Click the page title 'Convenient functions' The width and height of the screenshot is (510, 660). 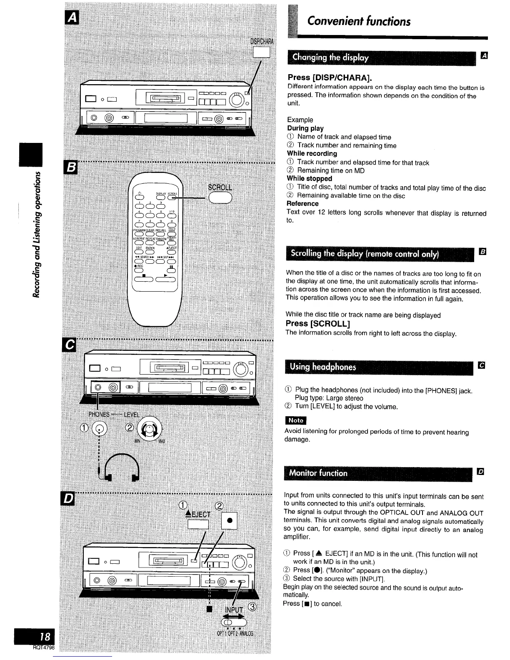point(359,21)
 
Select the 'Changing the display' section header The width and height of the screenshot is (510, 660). point(331,57)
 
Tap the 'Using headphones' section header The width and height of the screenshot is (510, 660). point(323,367)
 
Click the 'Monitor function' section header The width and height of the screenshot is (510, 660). point(319,473)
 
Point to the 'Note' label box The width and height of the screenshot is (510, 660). point(295,420)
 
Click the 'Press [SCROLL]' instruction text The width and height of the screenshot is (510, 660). point(317,324)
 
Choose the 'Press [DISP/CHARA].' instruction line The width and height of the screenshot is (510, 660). point(330,78)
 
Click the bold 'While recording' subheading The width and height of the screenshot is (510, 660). point(312,154)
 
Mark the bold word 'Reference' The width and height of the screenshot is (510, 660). point(302,204)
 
